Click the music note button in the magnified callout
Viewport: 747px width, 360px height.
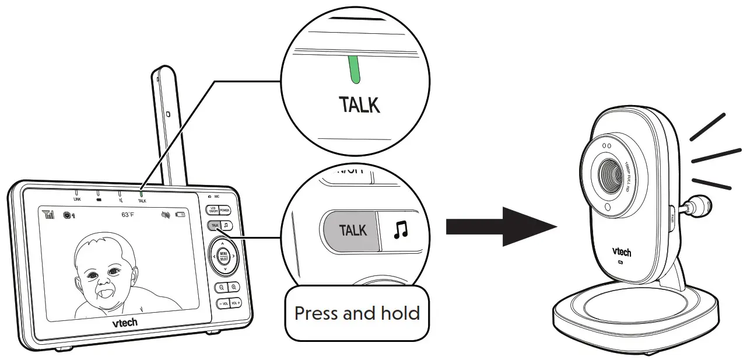click(x=400, y=230)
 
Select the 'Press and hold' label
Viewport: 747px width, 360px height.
click(x=357, y=313)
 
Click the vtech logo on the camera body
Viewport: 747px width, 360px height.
click(x=621, y=253)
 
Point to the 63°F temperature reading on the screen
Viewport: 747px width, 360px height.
click(x=128, y=215)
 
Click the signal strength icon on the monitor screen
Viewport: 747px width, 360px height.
click(x=49, y=215)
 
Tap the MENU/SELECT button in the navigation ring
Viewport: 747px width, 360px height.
click(x=224, y=256)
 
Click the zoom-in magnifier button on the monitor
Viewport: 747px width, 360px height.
click(x=234, y=287)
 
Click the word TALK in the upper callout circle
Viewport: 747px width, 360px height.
click(x=359, y=105)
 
